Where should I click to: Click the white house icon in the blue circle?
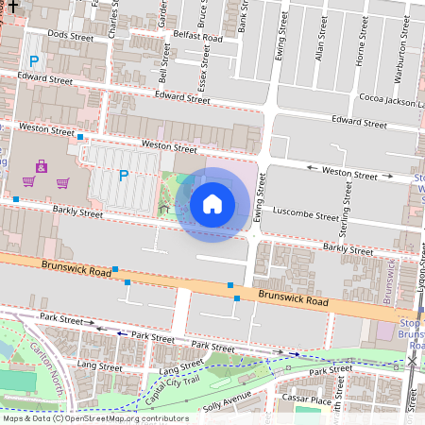(x=212, y=203)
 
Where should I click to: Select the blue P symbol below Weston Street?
(x=123, y=175)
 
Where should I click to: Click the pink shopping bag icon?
(x=41, y=167)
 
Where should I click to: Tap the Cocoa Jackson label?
(x=391, y=100)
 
